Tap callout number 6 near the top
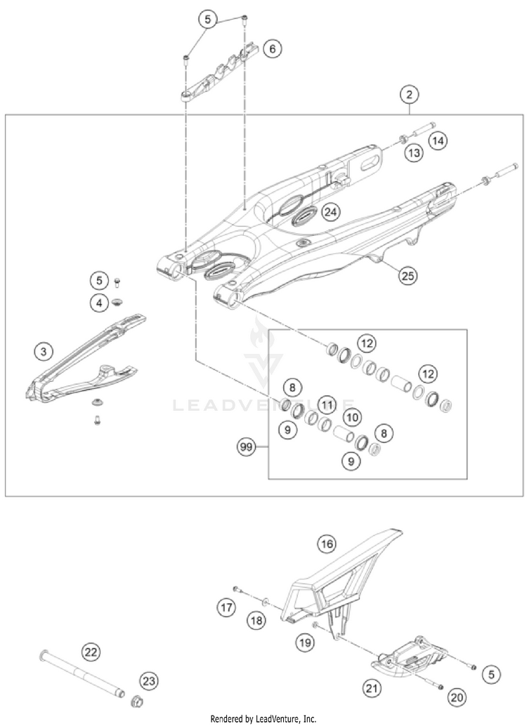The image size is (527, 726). (x=273, y=48)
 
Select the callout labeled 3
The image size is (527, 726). (x=44, y=350)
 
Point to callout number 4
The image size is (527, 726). (x=100, y=303)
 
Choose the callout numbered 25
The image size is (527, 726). (x=408, y=275)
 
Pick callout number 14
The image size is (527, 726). (x=438, y=141)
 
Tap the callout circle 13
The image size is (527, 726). (x=414, y=152)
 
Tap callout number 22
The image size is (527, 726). (x=91, y=652)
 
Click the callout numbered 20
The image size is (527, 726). (x=457, y=697)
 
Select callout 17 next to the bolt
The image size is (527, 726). (x=225, y=606)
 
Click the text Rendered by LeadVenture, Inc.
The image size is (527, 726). (x=263, y=718)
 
